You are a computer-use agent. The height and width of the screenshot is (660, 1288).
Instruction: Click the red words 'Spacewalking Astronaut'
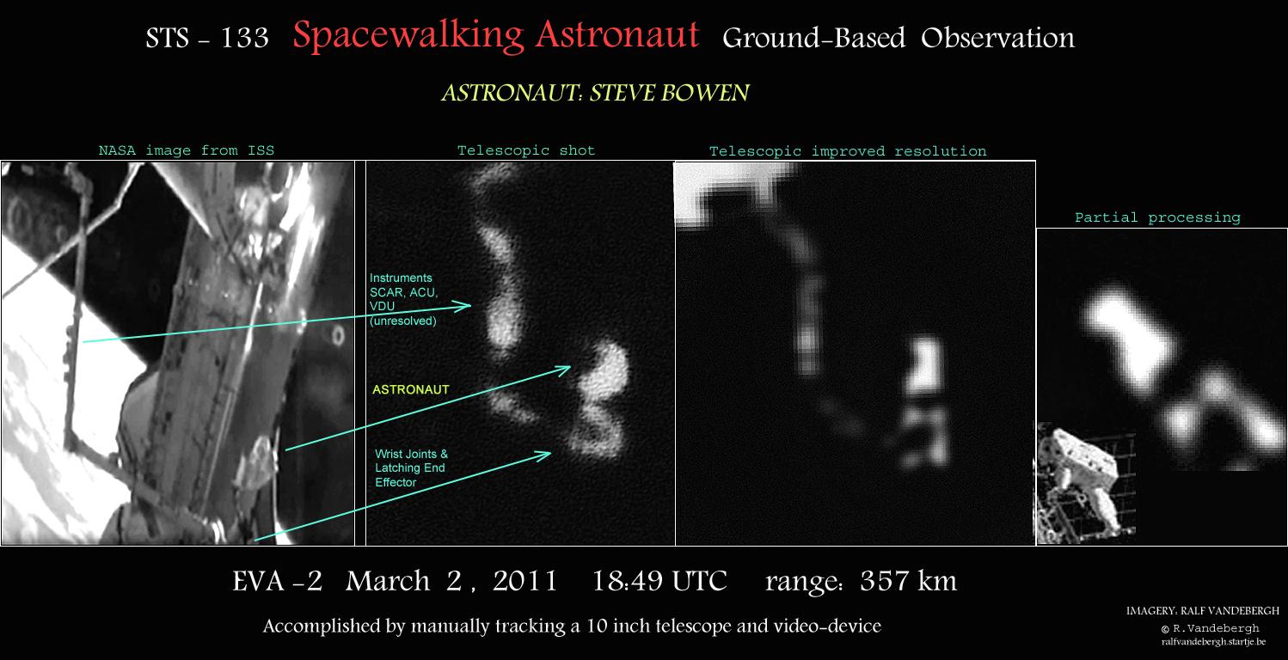[495, 35]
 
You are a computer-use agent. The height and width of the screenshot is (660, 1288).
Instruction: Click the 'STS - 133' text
[207, 38]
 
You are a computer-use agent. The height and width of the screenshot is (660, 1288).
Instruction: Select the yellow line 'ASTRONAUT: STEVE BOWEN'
[595, 93]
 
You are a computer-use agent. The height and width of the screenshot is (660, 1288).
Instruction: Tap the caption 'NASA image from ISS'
[187, 150]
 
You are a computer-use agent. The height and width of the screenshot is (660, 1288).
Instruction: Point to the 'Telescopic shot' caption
[525, 150]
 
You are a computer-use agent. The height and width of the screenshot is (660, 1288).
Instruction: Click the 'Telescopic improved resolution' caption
[848, 151]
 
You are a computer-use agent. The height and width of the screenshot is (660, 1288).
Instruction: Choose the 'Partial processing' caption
[1157, 217]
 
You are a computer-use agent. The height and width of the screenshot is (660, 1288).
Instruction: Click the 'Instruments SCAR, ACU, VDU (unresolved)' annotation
[403, 300]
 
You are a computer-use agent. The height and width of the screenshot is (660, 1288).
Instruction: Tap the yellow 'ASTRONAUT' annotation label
[410, 390]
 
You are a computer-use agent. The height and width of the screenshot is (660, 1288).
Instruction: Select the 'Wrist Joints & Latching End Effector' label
[411, 468]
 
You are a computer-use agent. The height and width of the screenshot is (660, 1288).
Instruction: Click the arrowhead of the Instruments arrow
[469, 305]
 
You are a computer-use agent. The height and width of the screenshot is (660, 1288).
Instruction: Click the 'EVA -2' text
[277, 581]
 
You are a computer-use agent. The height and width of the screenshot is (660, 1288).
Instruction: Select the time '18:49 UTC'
[659, 581]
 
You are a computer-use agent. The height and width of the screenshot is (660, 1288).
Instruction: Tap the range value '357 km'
[909, 581]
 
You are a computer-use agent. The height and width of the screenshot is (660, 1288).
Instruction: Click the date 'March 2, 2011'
[451, 582]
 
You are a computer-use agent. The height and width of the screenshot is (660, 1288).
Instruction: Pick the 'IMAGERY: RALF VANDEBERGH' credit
[1203, 610]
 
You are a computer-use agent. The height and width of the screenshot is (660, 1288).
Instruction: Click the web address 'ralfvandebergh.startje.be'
[1214, 642]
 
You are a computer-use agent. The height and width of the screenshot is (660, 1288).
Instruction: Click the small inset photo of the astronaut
[1086, 483]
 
